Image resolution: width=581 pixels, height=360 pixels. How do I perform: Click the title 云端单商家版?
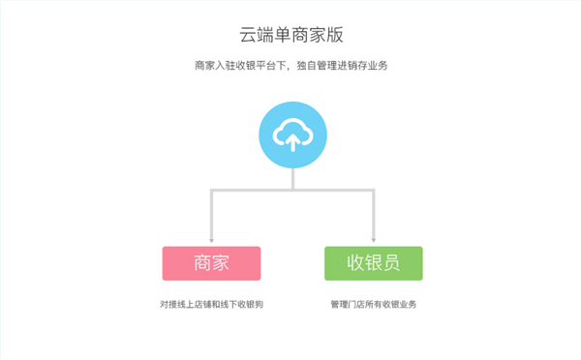pyautogui.click(x=291, y=35)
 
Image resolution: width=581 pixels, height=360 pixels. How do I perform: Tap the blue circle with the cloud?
pyautogui.click(x=291, y=135)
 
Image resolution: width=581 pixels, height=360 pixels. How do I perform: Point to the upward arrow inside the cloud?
pyautogui.click(x=291, y=141)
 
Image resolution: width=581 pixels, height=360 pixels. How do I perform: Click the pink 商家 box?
pyautogui.click(x=211, y=262)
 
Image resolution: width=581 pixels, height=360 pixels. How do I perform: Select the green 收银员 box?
pyautogui.click(x=373, y=262)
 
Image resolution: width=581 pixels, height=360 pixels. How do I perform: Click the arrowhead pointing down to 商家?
pyautogui.click(x=211, y=238)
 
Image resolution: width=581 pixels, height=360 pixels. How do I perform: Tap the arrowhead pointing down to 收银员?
pyautogui.click(x=373, y=238)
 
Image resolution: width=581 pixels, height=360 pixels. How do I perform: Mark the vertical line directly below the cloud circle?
pyautogui.click(x=291, y=180)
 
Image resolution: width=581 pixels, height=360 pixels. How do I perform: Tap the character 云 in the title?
pyautogui.click(x=249, y=35)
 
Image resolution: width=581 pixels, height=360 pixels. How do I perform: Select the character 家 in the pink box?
pyautogui.click(x=222, y=262)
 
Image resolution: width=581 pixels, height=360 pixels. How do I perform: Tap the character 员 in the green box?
pyautogui.click(x=391, y=262)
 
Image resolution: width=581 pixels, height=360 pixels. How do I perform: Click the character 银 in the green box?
pyautogui.click(x=373, y=262)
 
